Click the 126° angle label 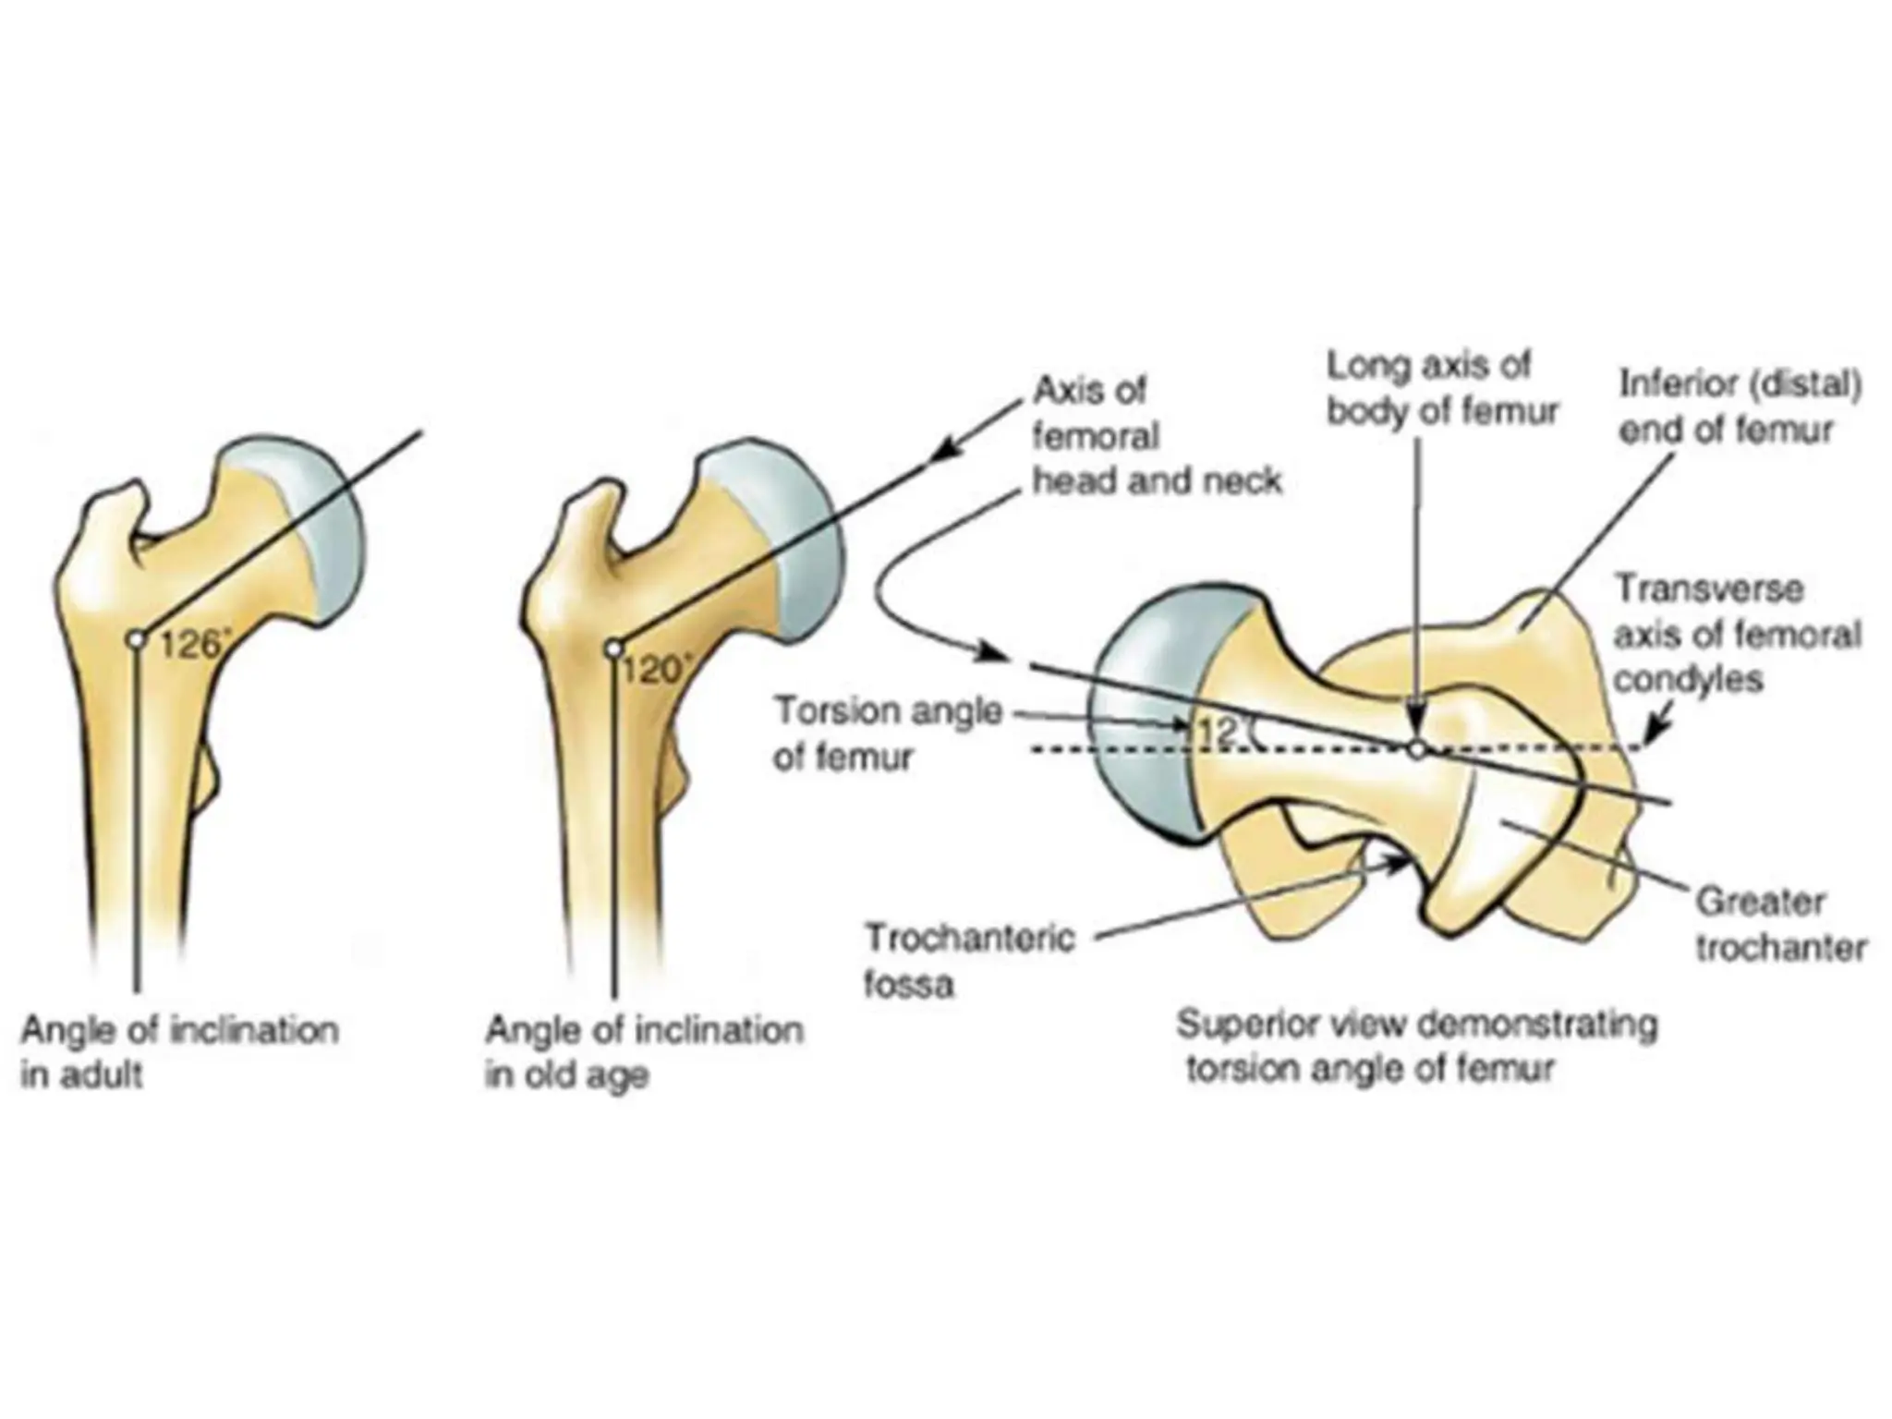tap(192, 645)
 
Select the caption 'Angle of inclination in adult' tap(180, 1052)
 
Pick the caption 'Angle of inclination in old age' tap(644, 1052)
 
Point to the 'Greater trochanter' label tap(1779, 925)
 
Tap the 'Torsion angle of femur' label tap(887, 734)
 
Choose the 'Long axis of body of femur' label tap(1442, 388)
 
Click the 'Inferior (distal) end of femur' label tap(1740, 407)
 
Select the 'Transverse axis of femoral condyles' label tap(1736, 634)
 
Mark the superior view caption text tap(1415, 1047)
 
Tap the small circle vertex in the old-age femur tap(613, 649)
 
